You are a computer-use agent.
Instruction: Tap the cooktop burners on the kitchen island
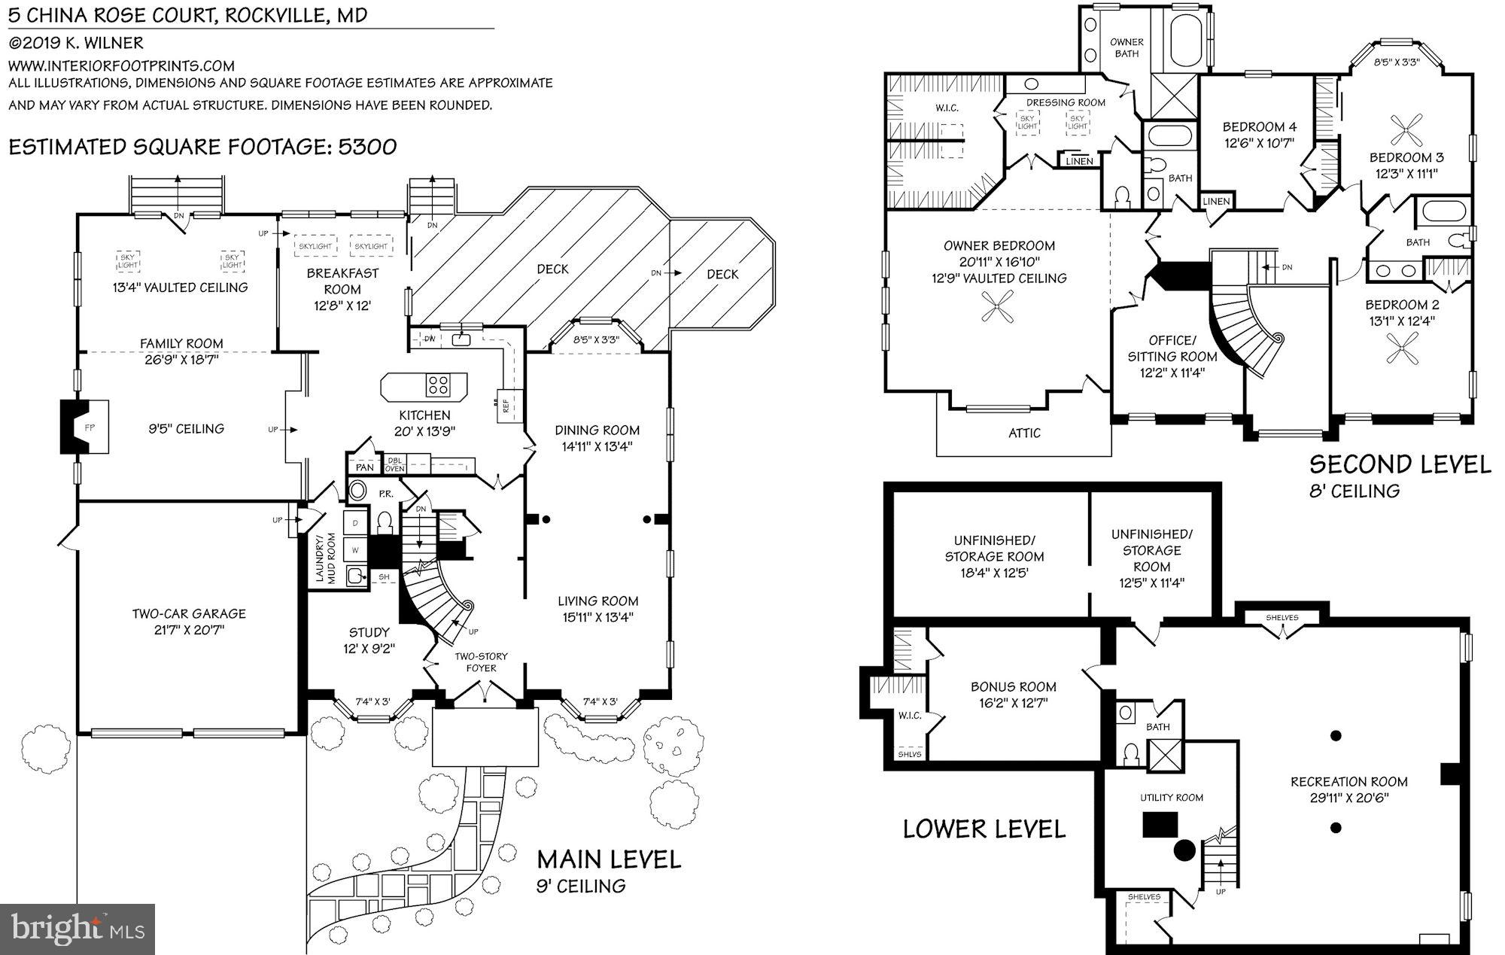coord(437,385)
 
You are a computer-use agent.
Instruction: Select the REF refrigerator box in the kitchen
coord(506,405)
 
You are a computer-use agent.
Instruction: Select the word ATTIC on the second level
coord(1024,433)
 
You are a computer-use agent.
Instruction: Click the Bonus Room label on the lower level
coord(1013,686)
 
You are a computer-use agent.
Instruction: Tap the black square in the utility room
coord(1158,825)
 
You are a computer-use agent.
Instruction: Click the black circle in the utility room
coord(1184,851)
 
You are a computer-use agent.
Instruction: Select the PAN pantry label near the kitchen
coord(365,467)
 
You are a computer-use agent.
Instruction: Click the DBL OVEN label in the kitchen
coord(394,464)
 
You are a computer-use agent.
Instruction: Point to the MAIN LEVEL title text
coord(608,859)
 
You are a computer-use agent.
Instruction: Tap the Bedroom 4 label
coord(1259,126)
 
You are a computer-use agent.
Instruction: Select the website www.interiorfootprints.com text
coord(121,65)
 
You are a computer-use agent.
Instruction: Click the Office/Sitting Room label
coord(1172,348)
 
